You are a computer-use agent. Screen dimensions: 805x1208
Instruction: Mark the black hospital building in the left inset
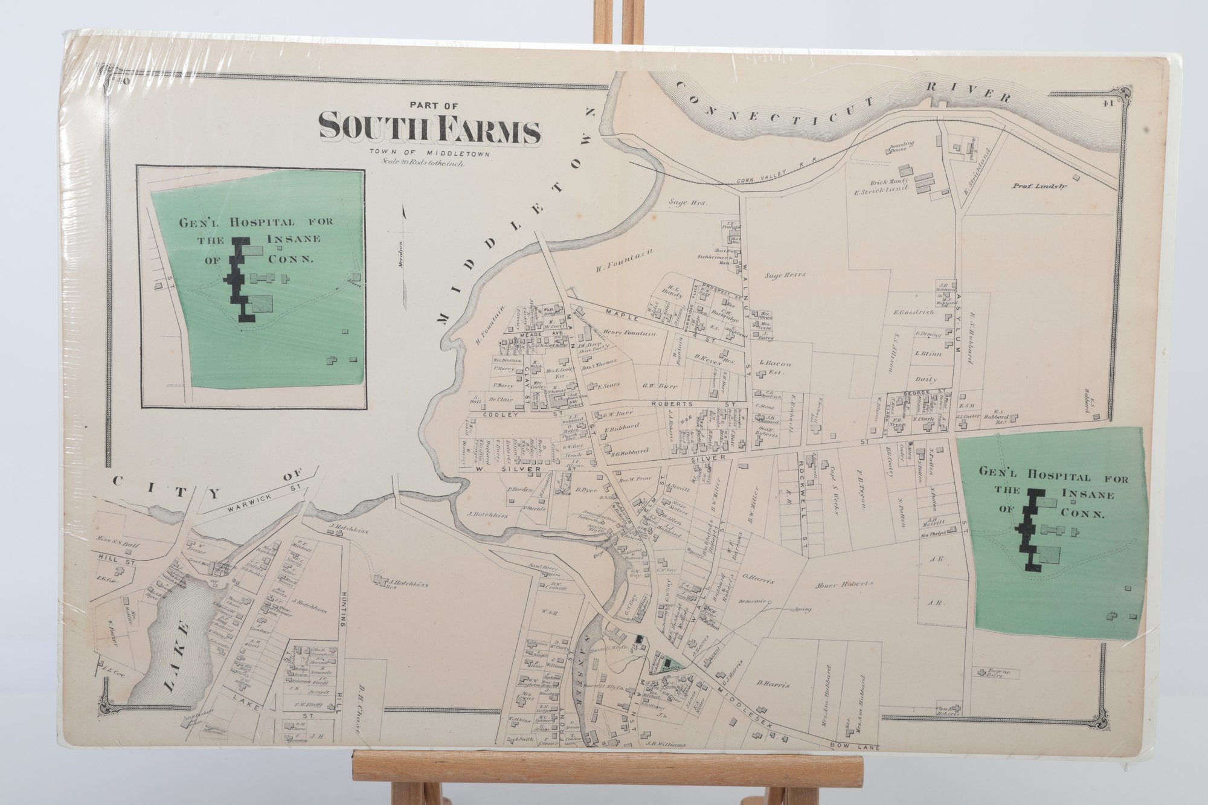(x=238, y=278)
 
